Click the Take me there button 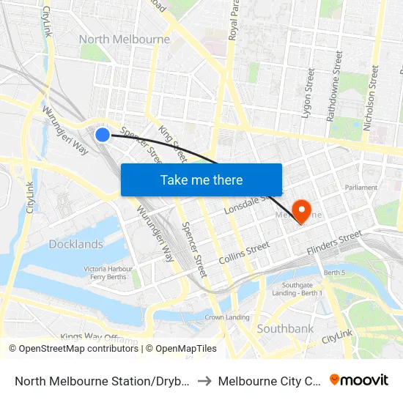(202, 180)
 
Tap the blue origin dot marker (103, 134)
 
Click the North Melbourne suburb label (125, 40)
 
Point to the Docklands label (76, 244)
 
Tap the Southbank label (285, 329)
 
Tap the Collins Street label (245, 254)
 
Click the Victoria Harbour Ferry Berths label (108, 273)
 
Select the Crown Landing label (227, 317)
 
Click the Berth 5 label (334, 273)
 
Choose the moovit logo (359, 380)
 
